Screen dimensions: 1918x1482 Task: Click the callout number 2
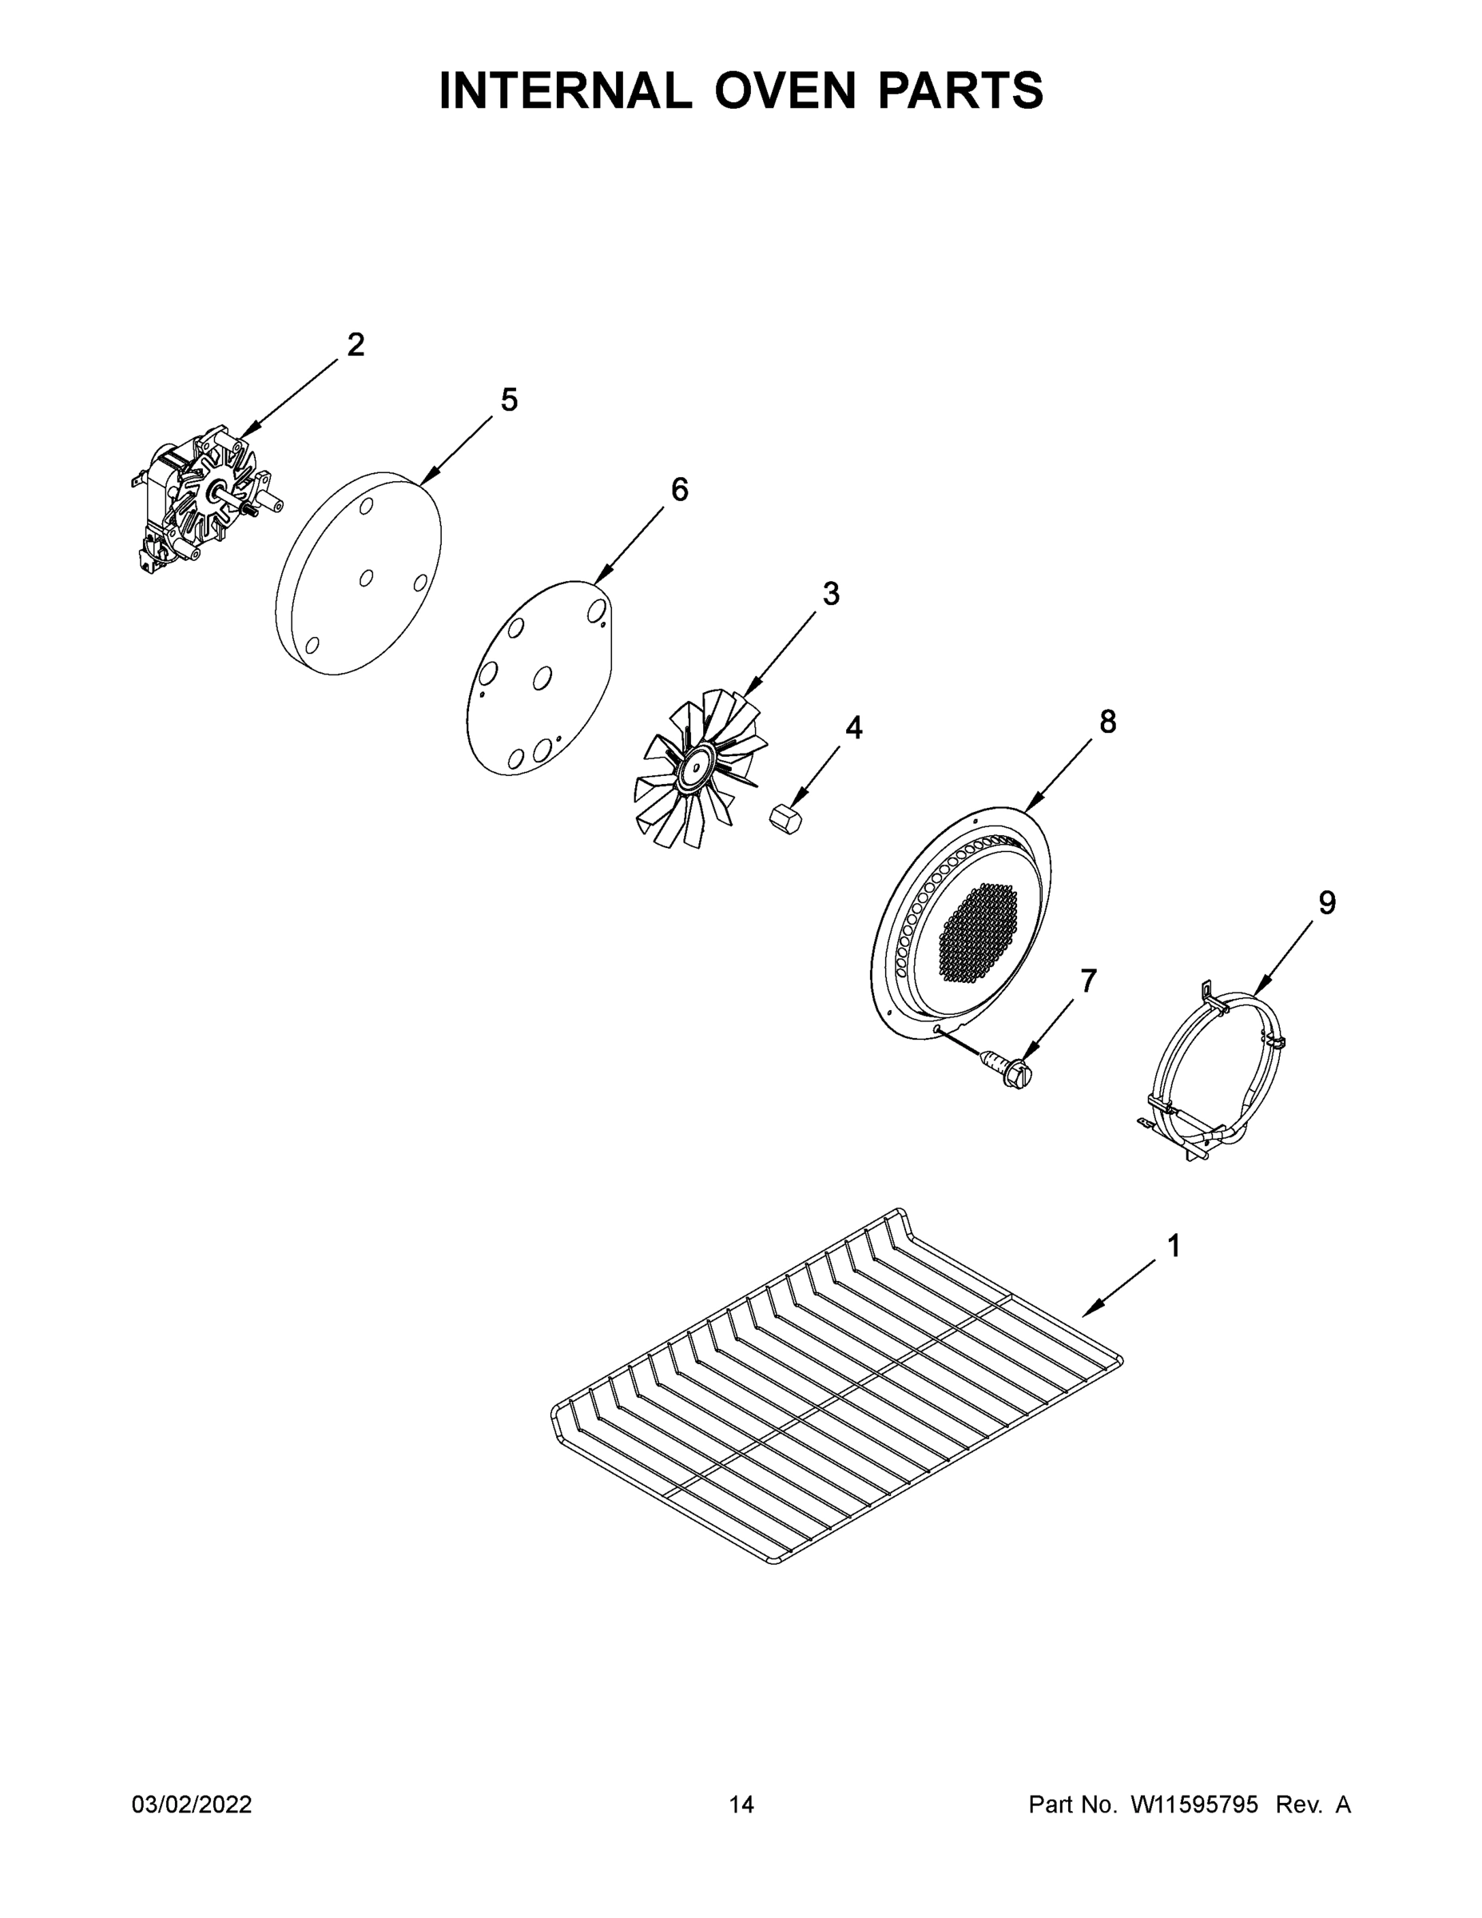click(x=356, y=344)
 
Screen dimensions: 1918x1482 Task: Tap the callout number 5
click(x=509, y=400)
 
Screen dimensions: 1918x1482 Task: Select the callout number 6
click(x=680, y=489)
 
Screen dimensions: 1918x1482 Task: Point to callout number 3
click(x=831, y=594)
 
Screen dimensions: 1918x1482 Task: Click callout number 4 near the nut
click(x=853, y=727)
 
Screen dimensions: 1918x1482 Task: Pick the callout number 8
click(x=1108, y=722)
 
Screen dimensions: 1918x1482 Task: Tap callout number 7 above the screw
click(x=1089, y=980)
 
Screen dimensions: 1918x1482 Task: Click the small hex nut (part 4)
click(x=784, y=817)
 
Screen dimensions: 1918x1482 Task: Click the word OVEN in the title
click(x=783, y=90)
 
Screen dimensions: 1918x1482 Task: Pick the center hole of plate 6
click(x=542, y=677)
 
